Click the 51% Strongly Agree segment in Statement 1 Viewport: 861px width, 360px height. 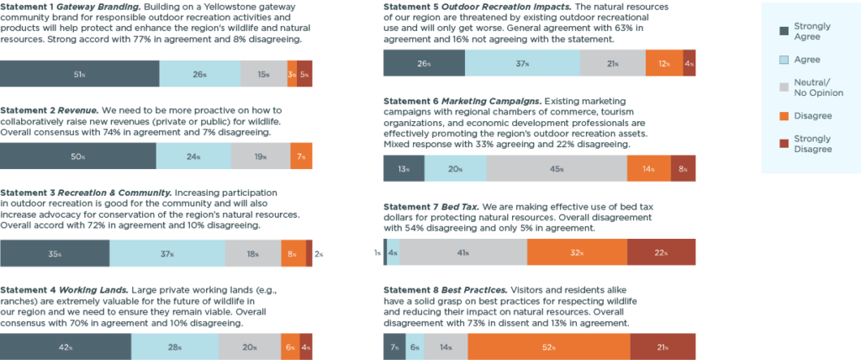click(79, 74)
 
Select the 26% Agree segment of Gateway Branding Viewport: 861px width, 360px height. click(199, 74)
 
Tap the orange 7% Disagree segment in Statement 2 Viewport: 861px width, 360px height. click(301, 156)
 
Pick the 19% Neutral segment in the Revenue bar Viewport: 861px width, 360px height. click(260, 156)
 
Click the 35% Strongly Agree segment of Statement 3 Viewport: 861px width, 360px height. click(55, 253)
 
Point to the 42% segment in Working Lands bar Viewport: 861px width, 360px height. click(66, 347)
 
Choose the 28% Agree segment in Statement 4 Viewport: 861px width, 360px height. click(175, 347)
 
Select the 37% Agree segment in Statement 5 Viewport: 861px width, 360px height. click(522, 63)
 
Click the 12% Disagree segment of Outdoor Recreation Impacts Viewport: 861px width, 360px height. click(664, 63)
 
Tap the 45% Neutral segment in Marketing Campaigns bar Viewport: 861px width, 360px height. click(557, 168)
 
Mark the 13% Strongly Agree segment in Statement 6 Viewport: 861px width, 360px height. click(404, 168)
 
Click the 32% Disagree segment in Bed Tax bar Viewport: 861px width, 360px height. click(577, 252)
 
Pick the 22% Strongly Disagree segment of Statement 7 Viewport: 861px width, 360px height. click(661, 252)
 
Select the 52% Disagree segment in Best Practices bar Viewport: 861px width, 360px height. click(548, 347)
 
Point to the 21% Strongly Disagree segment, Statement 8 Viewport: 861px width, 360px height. click(663, 347)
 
